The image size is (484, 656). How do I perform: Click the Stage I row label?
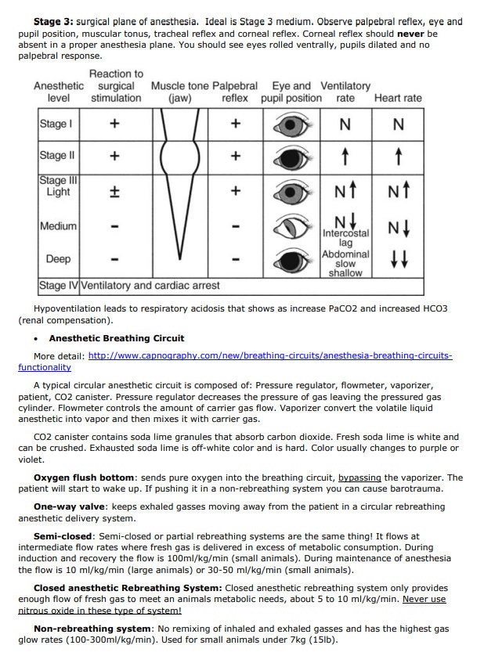[56, 124]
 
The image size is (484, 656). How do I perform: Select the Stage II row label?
[56, 156]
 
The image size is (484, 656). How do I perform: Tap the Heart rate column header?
[398, 98]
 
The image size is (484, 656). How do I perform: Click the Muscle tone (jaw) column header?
[179, 92]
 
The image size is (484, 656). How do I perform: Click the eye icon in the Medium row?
[291, 227]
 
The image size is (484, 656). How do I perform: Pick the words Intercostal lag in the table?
[345, 238]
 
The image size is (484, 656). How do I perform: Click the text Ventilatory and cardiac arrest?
[150, 285]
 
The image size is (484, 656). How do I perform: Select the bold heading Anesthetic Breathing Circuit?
[117, 338]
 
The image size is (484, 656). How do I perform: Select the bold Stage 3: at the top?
[53, 22]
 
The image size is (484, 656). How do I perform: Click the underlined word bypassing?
[359, 477]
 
